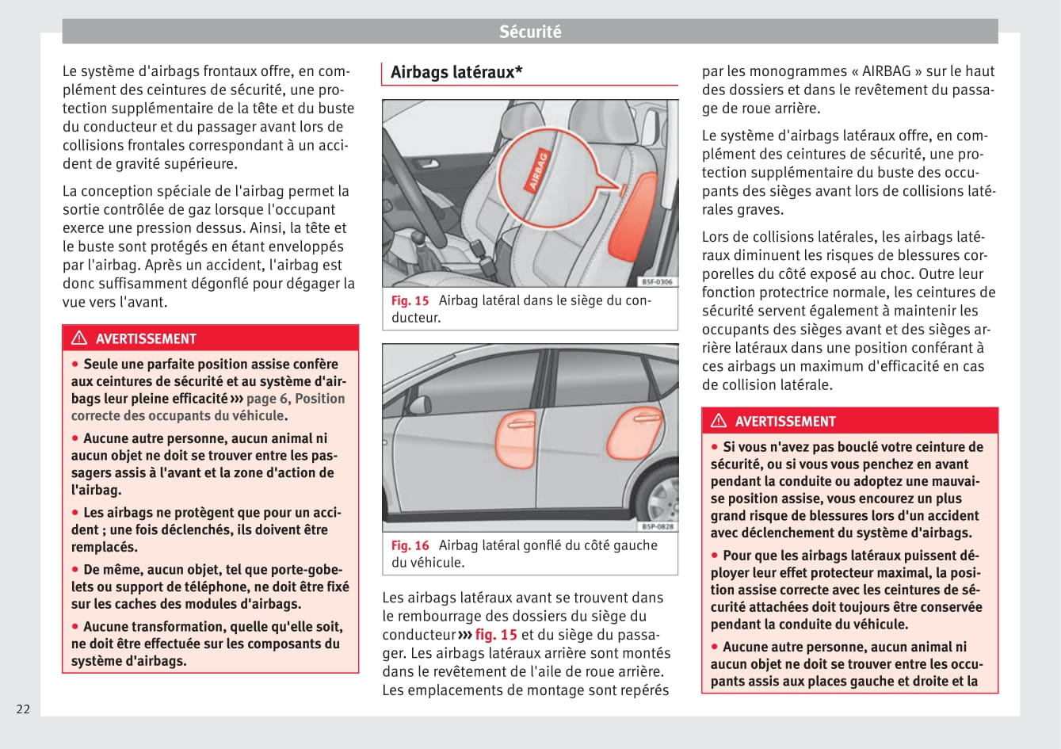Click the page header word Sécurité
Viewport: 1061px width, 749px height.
coord(530,32)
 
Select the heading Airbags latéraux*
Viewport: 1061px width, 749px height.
coord(456,72)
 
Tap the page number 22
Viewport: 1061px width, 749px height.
coord(23,709)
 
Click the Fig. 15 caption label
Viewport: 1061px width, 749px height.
coord(410,300)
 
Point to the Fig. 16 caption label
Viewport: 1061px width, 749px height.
coord(410,545)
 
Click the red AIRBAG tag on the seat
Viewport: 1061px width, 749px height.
coord(538,170)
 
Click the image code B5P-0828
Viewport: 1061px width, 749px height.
coord(656,526)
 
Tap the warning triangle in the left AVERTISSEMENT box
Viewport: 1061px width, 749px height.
coord(79,338)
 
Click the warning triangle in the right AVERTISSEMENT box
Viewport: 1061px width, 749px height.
coord(719,421)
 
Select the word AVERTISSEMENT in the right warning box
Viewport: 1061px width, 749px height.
coord(785,422)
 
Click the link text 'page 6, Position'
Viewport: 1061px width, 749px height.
coord(296,399)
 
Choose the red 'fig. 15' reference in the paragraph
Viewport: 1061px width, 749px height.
coord(496,634)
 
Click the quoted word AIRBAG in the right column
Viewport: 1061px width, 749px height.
coord(887,71)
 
